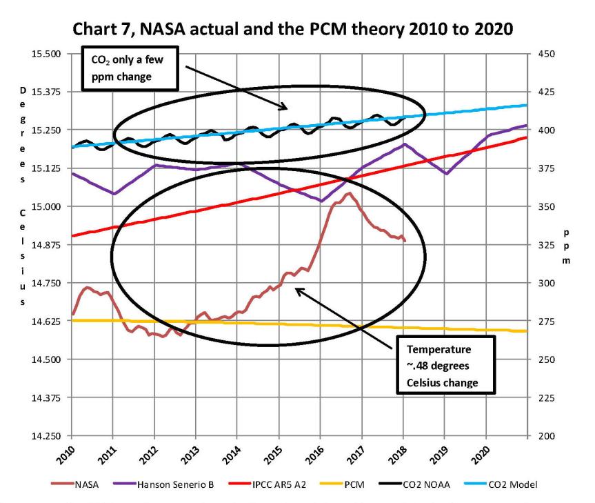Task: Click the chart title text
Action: tap(298, 30)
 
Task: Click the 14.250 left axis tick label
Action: tap(48, 436)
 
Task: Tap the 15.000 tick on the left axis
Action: tap(48, 206)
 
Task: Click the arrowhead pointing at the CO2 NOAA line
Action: tap(284, 108)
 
